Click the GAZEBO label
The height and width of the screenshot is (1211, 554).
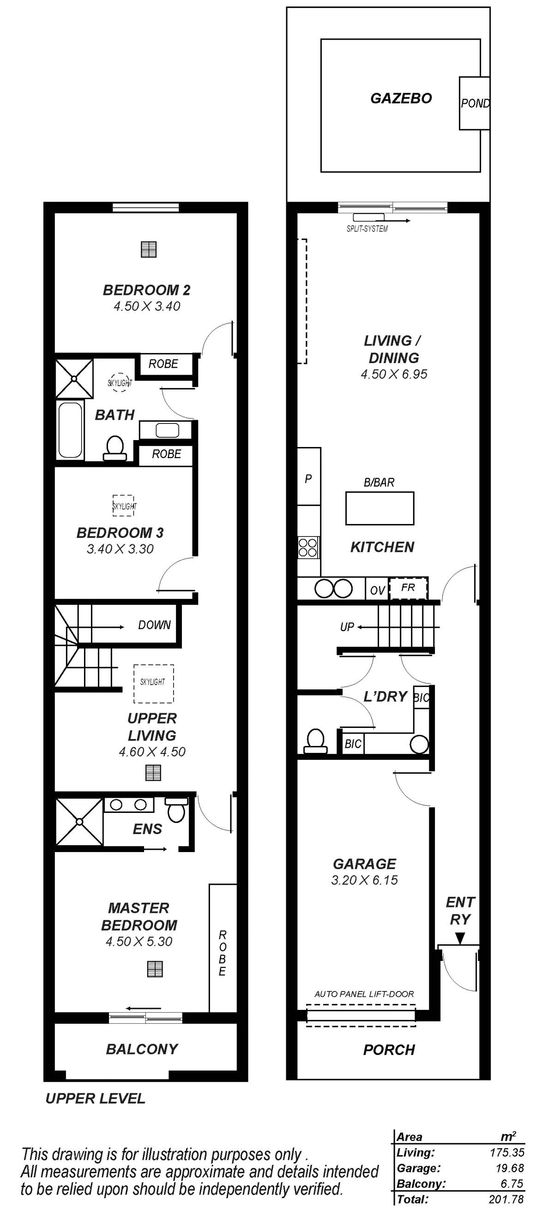coord(401,98)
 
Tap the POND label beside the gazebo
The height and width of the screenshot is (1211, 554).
coord(475,103)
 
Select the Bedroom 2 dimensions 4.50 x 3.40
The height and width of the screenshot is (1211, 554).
coord(147,306)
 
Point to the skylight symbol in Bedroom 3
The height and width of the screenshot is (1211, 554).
coord(124,506)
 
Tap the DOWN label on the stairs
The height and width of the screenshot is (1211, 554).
coord(154,625)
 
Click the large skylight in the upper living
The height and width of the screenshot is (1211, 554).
coord(154,684)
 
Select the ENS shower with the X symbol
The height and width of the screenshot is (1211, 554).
coord(79,821)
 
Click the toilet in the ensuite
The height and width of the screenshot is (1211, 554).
coord(177,811)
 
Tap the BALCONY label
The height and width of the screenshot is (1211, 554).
coord(142,1049)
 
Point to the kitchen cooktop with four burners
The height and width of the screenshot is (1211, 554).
coord(308,547)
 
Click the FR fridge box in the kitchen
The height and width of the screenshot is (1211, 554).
coord(408,588)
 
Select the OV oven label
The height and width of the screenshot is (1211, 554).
coord(377,590)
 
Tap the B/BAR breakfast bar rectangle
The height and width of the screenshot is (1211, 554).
coord(380,508)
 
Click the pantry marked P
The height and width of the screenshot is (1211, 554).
coord(308,478)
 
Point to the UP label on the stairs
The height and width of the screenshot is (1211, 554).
coord(347,627)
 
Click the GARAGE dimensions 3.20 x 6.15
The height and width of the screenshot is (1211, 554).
coord(364,880)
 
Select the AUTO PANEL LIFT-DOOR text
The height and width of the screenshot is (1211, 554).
coord(364,994)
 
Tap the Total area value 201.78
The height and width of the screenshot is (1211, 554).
coord(506,1199)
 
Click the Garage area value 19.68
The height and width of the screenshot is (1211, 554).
coord(509,1168)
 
